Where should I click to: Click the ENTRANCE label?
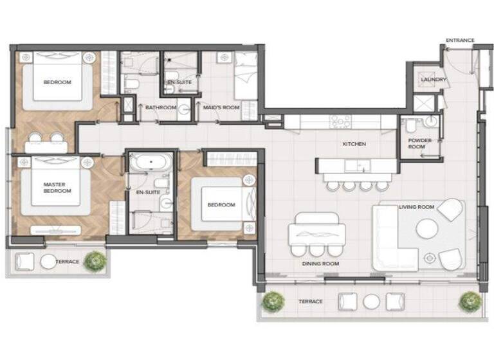coord(460,40)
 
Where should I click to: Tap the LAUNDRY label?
coord(434,80)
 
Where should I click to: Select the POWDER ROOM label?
coord(420,143)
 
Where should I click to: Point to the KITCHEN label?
coord(354,144)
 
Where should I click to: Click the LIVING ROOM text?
coord(417,207)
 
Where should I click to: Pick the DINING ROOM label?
coord(320,264)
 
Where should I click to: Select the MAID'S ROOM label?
coord(218,107)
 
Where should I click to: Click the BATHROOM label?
coord(160,107)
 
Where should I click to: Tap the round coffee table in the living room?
coord(427,228)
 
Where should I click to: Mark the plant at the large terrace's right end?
coord(470,300)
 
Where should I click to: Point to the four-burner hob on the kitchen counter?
coord(340,121)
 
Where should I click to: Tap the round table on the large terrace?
coord(370,301)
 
